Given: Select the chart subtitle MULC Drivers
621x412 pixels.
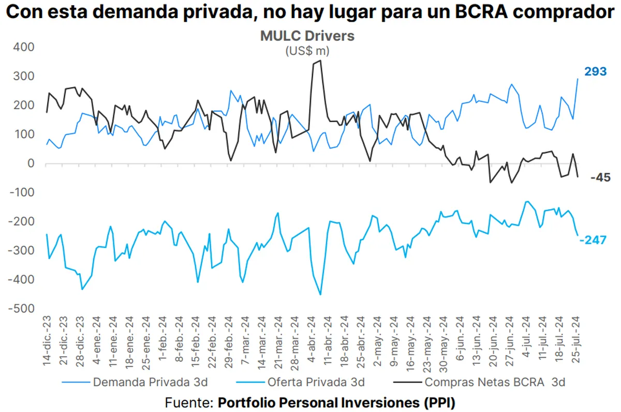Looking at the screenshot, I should point(307,36).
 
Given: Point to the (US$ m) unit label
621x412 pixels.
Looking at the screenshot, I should point(307,51).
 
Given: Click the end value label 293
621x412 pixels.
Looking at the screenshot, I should point(595,72).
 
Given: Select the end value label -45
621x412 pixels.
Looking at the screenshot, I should point(600,178).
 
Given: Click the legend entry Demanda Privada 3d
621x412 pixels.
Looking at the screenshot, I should point(150,382).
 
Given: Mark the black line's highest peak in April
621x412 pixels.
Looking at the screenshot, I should point(321,61).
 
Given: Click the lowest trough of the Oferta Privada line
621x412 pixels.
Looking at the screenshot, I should point(321,295).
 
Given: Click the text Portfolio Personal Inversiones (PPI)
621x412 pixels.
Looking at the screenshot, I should point(336,402).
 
